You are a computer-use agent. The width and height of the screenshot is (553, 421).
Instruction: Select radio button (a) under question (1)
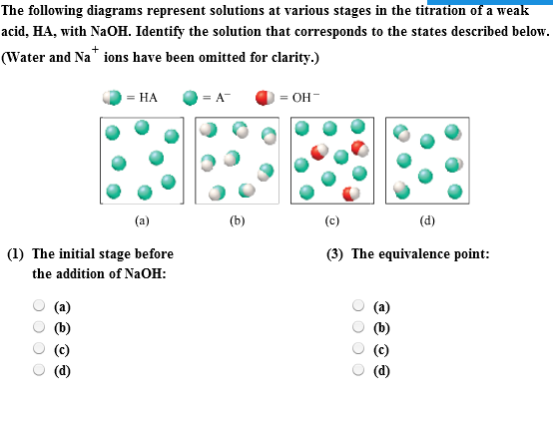point(39,306)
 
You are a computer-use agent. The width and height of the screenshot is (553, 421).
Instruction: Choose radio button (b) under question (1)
point(39,326)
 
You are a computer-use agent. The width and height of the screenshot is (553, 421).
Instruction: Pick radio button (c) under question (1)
point(39,349)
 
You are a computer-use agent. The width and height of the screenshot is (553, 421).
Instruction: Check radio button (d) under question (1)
point(39,370)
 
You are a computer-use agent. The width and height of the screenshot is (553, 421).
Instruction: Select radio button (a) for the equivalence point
point(359,306)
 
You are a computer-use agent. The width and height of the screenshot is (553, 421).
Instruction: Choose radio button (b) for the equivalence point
point(359,326)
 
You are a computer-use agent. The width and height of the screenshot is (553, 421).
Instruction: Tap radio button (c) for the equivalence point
point(359,349)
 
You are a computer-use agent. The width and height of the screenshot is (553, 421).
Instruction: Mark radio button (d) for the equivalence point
point(359,370)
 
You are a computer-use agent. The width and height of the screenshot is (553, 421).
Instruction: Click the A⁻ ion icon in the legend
point(189,97)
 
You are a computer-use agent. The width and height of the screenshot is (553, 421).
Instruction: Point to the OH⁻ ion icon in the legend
point(266,97)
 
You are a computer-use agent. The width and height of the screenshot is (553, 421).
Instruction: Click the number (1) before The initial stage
point(16,254)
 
